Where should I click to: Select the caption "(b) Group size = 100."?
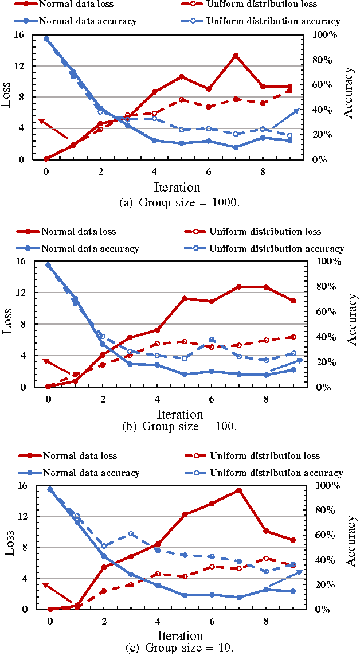(x=180, y=426)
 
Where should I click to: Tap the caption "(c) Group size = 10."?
(x=179, y=648)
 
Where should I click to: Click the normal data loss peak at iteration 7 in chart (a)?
(x=236, y=56)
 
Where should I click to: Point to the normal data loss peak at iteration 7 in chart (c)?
(x=239, y=490)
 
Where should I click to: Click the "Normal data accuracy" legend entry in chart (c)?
(x=91, y=473)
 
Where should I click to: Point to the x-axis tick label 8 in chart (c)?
(x=266, y=621)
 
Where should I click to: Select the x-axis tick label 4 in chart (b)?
(x=157, y=399)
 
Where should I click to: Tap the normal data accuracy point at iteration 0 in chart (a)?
(x=46, y=39)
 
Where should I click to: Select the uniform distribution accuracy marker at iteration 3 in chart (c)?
(x=131, y=534)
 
